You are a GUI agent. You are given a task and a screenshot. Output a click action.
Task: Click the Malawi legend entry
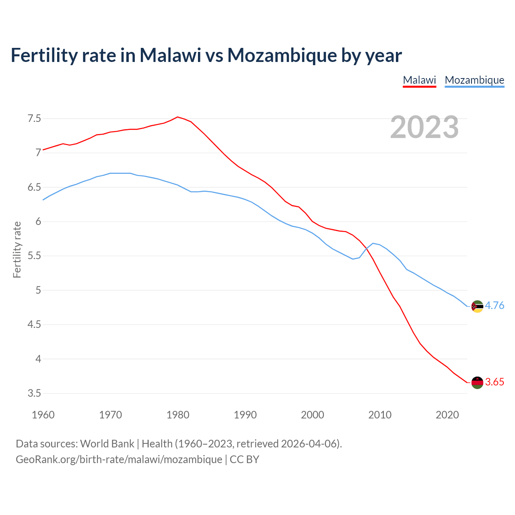point(419,80)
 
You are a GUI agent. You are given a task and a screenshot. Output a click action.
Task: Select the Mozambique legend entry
point(474,80)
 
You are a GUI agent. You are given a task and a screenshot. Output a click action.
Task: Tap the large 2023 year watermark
point(424,127)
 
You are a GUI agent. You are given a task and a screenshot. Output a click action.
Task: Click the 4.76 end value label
point(494,305)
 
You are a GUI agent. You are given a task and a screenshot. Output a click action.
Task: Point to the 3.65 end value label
point(494,382)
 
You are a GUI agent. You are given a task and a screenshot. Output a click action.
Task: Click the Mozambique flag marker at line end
point(477,306)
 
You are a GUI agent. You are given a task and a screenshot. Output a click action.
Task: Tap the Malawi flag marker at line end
point(477,382)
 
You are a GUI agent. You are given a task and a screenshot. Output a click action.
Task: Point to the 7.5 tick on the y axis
point(34,118)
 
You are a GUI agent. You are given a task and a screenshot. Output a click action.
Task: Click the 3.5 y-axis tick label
point(34,393)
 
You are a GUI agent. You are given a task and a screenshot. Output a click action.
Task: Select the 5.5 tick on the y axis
point(34,256)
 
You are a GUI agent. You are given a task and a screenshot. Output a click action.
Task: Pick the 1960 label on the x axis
point(43,415)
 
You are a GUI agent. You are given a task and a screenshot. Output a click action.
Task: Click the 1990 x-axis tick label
point(245,415)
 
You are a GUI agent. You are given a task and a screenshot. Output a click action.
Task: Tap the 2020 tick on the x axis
point(447,415)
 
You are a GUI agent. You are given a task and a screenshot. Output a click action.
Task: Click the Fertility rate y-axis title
point(17,249)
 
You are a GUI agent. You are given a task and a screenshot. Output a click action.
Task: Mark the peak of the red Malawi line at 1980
point(177,117)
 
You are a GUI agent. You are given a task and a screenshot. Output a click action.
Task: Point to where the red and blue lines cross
point(366,248)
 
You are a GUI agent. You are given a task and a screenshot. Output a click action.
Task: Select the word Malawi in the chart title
point(170,56)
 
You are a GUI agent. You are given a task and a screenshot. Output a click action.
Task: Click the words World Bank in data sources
point(107,444)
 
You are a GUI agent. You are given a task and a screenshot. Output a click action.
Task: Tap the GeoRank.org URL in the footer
point(119,459)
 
